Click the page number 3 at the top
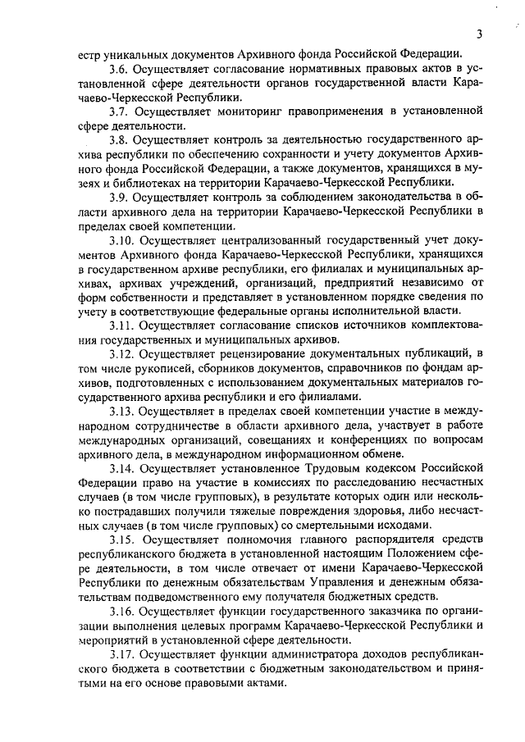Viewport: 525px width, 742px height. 478,34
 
